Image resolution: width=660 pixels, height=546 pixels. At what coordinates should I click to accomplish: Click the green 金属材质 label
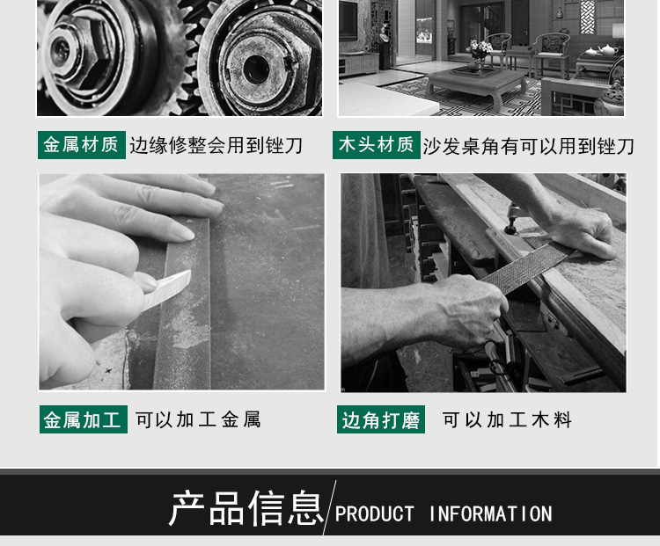point(82,145)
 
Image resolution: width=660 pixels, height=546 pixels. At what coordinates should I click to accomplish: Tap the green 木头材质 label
point(377,145)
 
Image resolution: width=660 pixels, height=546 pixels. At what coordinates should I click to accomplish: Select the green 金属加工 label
point(84,419)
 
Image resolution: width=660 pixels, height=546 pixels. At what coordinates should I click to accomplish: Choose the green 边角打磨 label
point(381,419)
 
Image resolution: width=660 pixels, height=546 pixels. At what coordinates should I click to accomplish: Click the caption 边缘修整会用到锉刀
point(216,146)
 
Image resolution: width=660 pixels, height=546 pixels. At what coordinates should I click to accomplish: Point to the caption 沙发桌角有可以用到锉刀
point(529,146)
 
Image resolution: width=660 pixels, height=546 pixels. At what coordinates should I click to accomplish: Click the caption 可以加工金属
point(198,419)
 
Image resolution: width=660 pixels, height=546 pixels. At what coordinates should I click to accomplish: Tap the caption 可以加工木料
point(507,419)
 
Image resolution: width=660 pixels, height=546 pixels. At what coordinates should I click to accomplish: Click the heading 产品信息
point(246,507)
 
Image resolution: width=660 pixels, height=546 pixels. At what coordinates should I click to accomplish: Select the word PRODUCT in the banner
point(374,514)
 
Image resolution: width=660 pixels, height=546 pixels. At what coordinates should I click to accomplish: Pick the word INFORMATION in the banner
point(490,514)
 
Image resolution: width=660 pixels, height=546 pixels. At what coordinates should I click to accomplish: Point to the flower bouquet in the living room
point(479,49)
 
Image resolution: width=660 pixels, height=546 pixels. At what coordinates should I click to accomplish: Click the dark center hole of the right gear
point(256,69)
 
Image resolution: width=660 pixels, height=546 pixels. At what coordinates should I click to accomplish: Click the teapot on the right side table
point(608,50)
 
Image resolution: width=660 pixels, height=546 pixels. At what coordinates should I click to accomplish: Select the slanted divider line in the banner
point(330,507)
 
